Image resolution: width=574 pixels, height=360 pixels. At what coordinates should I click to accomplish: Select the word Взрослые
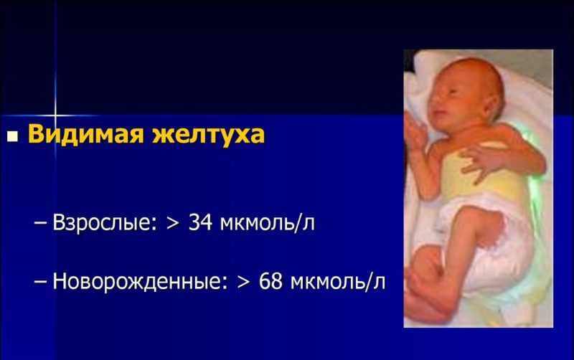click(105, 223)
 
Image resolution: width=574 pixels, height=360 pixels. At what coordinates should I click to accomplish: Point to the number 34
click(202, 223)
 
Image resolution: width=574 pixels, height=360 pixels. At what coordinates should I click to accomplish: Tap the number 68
click(272, 281)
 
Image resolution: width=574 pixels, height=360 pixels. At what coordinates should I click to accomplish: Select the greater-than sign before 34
click(172, 224)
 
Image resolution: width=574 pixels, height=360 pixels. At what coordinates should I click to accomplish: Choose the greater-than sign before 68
click(243, 282)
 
